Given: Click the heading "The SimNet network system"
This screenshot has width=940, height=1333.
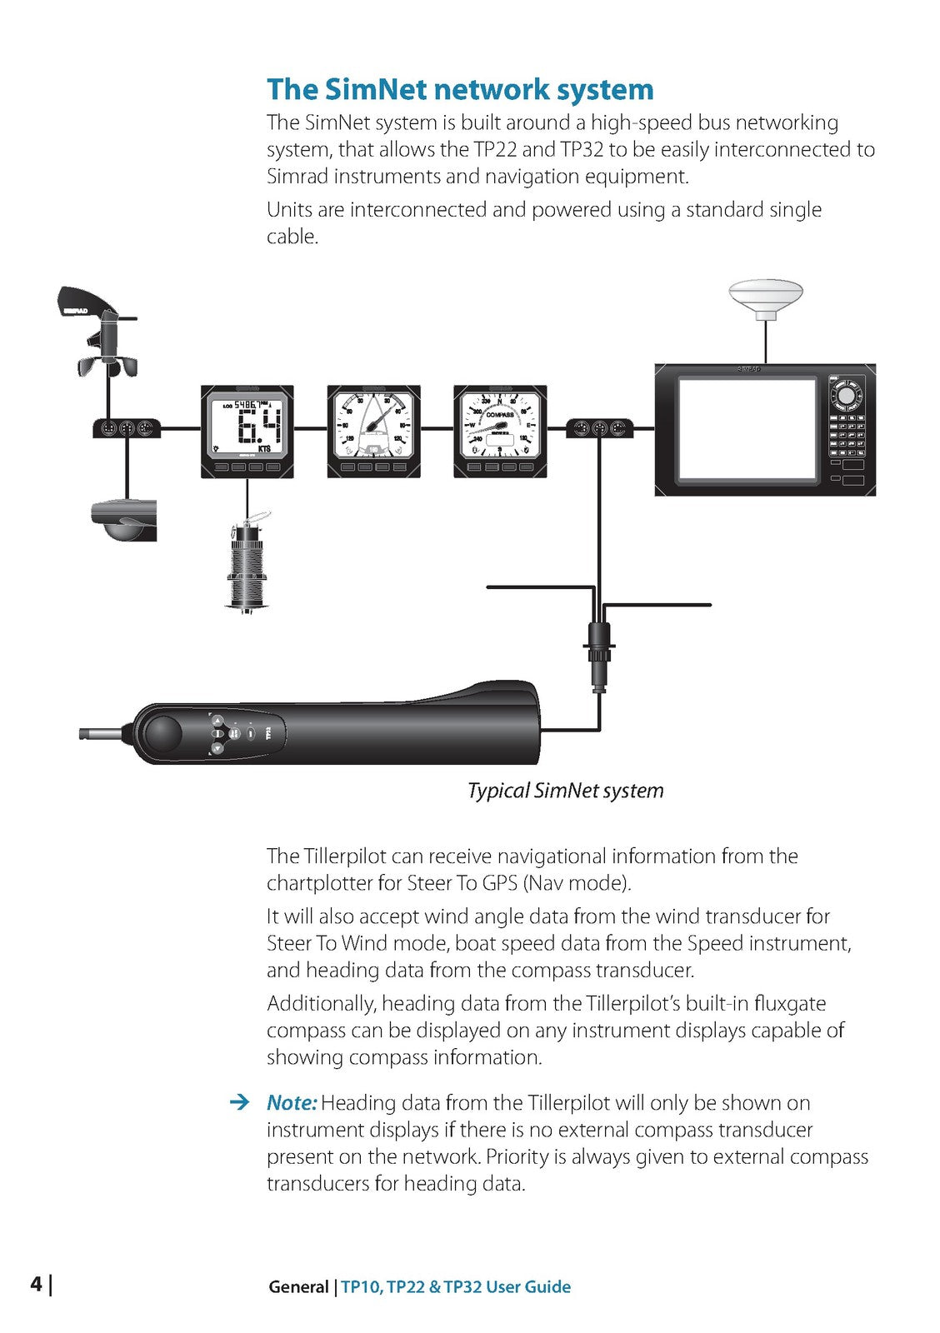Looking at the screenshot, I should click(460, 89).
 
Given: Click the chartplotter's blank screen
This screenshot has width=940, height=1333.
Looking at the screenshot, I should click(747, 428).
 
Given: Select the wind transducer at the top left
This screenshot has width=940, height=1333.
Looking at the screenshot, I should click(97, 333).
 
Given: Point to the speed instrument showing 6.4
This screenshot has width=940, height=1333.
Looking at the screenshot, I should click(247, 432).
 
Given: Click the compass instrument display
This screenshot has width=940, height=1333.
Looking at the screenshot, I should click(500, 432).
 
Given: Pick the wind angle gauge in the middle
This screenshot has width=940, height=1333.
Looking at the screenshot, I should click(373, 432).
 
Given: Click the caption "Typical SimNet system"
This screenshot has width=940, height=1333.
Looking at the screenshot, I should click(566, 791).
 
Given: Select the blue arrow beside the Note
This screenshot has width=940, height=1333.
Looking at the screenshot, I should click(239, 1103).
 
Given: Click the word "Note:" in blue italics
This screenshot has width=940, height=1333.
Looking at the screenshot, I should click(292, 1103).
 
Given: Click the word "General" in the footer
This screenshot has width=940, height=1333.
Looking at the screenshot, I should click(298, 1287).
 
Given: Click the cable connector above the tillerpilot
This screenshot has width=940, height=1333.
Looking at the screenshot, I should click(598, 654).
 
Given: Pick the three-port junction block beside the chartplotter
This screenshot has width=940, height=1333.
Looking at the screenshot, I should click(599, 429).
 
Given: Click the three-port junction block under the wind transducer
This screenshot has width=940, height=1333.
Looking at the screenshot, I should click(127, 429).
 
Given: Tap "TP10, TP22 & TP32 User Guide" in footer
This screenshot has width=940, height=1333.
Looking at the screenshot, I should click(456, 1287).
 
